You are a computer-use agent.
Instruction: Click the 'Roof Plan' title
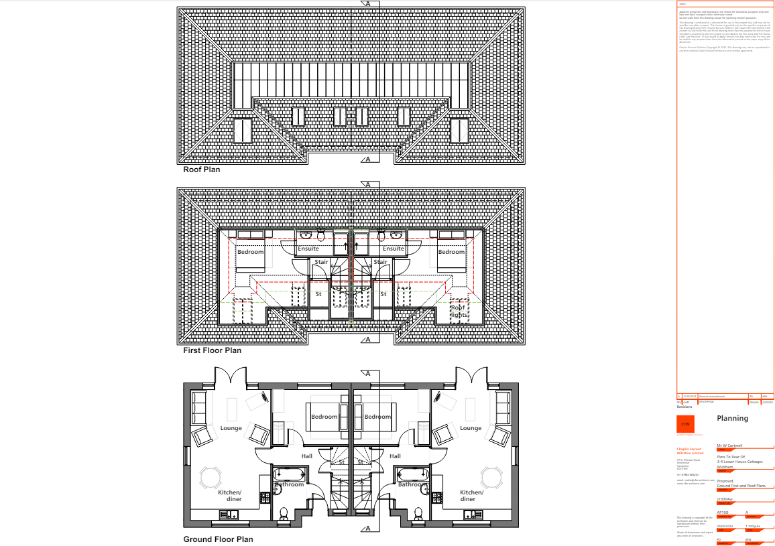(x=202, y=169)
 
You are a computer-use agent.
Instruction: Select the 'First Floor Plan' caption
(x=212, y=350)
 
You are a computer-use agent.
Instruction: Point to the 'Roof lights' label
(x=459, y=311)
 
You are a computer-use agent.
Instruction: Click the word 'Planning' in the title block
(x=732, y=418)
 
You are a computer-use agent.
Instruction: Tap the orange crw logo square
(x=685, y=424)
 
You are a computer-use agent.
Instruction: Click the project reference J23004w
(x=725, y=498)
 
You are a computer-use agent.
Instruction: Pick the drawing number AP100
(x=723, y=513)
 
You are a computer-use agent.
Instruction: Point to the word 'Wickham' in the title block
(x=724, y=466)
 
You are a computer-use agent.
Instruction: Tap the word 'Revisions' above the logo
(x=684, y=407)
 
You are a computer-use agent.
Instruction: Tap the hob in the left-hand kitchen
(x=265, y=498)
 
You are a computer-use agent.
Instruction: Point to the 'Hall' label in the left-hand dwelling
(x=306, y=456)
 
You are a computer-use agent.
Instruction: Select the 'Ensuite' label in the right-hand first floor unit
(x=394, y=249)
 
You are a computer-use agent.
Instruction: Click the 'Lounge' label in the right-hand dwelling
(x=470, y=428)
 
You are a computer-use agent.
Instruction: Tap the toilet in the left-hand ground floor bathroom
(x=284, y=514)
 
